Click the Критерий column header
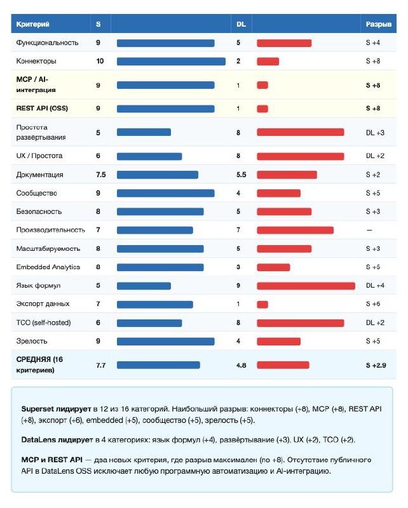pyautogui.click(x=32, y=24)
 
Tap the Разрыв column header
pyautogui.click(x=379, y=24)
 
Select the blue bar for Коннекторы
pyautogui.click(x=171, y=62)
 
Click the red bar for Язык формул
pyautogui.click(x=306, y=286)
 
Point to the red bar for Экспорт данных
pyautogui.click(x=262, y=304)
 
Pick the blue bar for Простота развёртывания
pyautogui.click(x=144, y=132)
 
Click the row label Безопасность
pyautogui.click(x=39, y=211)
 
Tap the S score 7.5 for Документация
pyautogui.click(x=100, y=175)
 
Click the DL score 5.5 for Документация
pyautogui.click(x=241, y=175)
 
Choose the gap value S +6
pyautogui.click(x=373, y=304)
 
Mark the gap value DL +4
pyautogui.click(x=375, y=286)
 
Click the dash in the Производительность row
pyautogui.click(x=369, y=230)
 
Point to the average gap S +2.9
pyautogui.click(x=376, y=365)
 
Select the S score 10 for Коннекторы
pyautogui.click(x=100, y=62)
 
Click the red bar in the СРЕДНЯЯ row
pyautogui.click(x=283, y=365)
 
